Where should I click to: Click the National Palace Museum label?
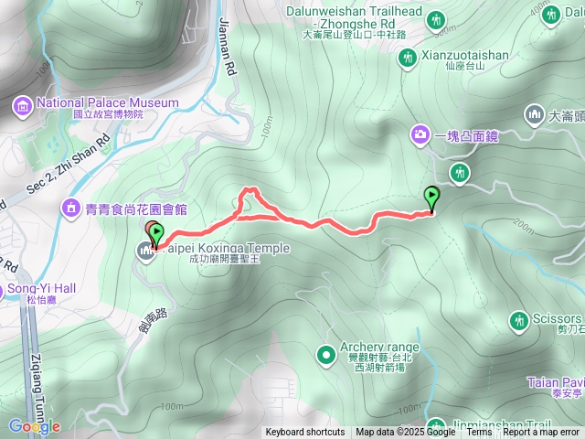[x=108, y=102]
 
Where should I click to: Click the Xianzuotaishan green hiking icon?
[x=407, y=58]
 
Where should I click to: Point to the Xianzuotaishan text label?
[x=465, y=56]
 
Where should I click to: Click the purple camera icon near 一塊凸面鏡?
[x=420, y=134]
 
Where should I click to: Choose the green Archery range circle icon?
[x=325, y=354]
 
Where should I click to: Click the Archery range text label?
[x=379, y=348]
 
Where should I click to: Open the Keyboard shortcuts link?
[x=305, y=433]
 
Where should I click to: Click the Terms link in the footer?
[x=479, y=433]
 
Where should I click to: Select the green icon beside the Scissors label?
[x=516, y=319]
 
